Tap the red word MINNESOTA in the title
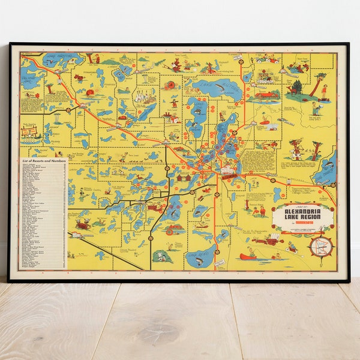click(304, 227)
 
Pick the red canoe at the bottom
click(250, 256)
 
